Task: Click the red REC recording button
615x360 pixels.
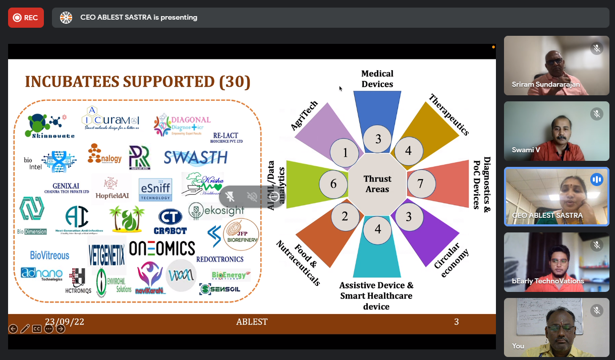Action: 26,18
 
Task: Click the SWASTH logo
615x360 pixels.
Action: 196,158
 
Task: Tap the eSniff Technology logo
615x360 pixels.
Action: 155,190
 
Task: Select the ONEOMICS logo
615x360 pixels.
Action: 162,248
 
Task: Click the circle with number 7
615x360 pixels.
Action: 420,183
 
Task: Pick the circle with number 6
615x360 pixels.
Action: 333,184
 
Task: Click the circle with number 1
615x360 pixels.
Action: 345,152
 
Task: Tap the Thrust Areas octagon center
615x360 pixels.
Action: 377,184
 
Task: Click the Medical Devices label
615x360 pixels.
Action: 377,79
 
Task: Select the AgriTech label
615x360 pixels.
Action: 305,115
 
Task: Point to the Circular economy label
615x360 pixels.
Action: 451,259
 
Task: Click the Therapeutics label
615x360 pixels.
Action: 449,114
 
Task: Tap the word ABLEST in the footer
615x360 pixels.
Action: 252,322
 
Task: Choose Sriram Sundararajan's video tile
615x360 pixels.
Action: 556,66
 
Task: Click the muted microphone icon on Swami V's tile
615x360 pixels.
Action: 597,114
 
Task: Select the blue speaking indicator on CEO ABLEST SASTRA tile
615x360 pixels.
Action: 597,179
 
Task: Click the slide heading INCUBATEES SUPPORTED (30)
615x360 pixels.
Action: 138,82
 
